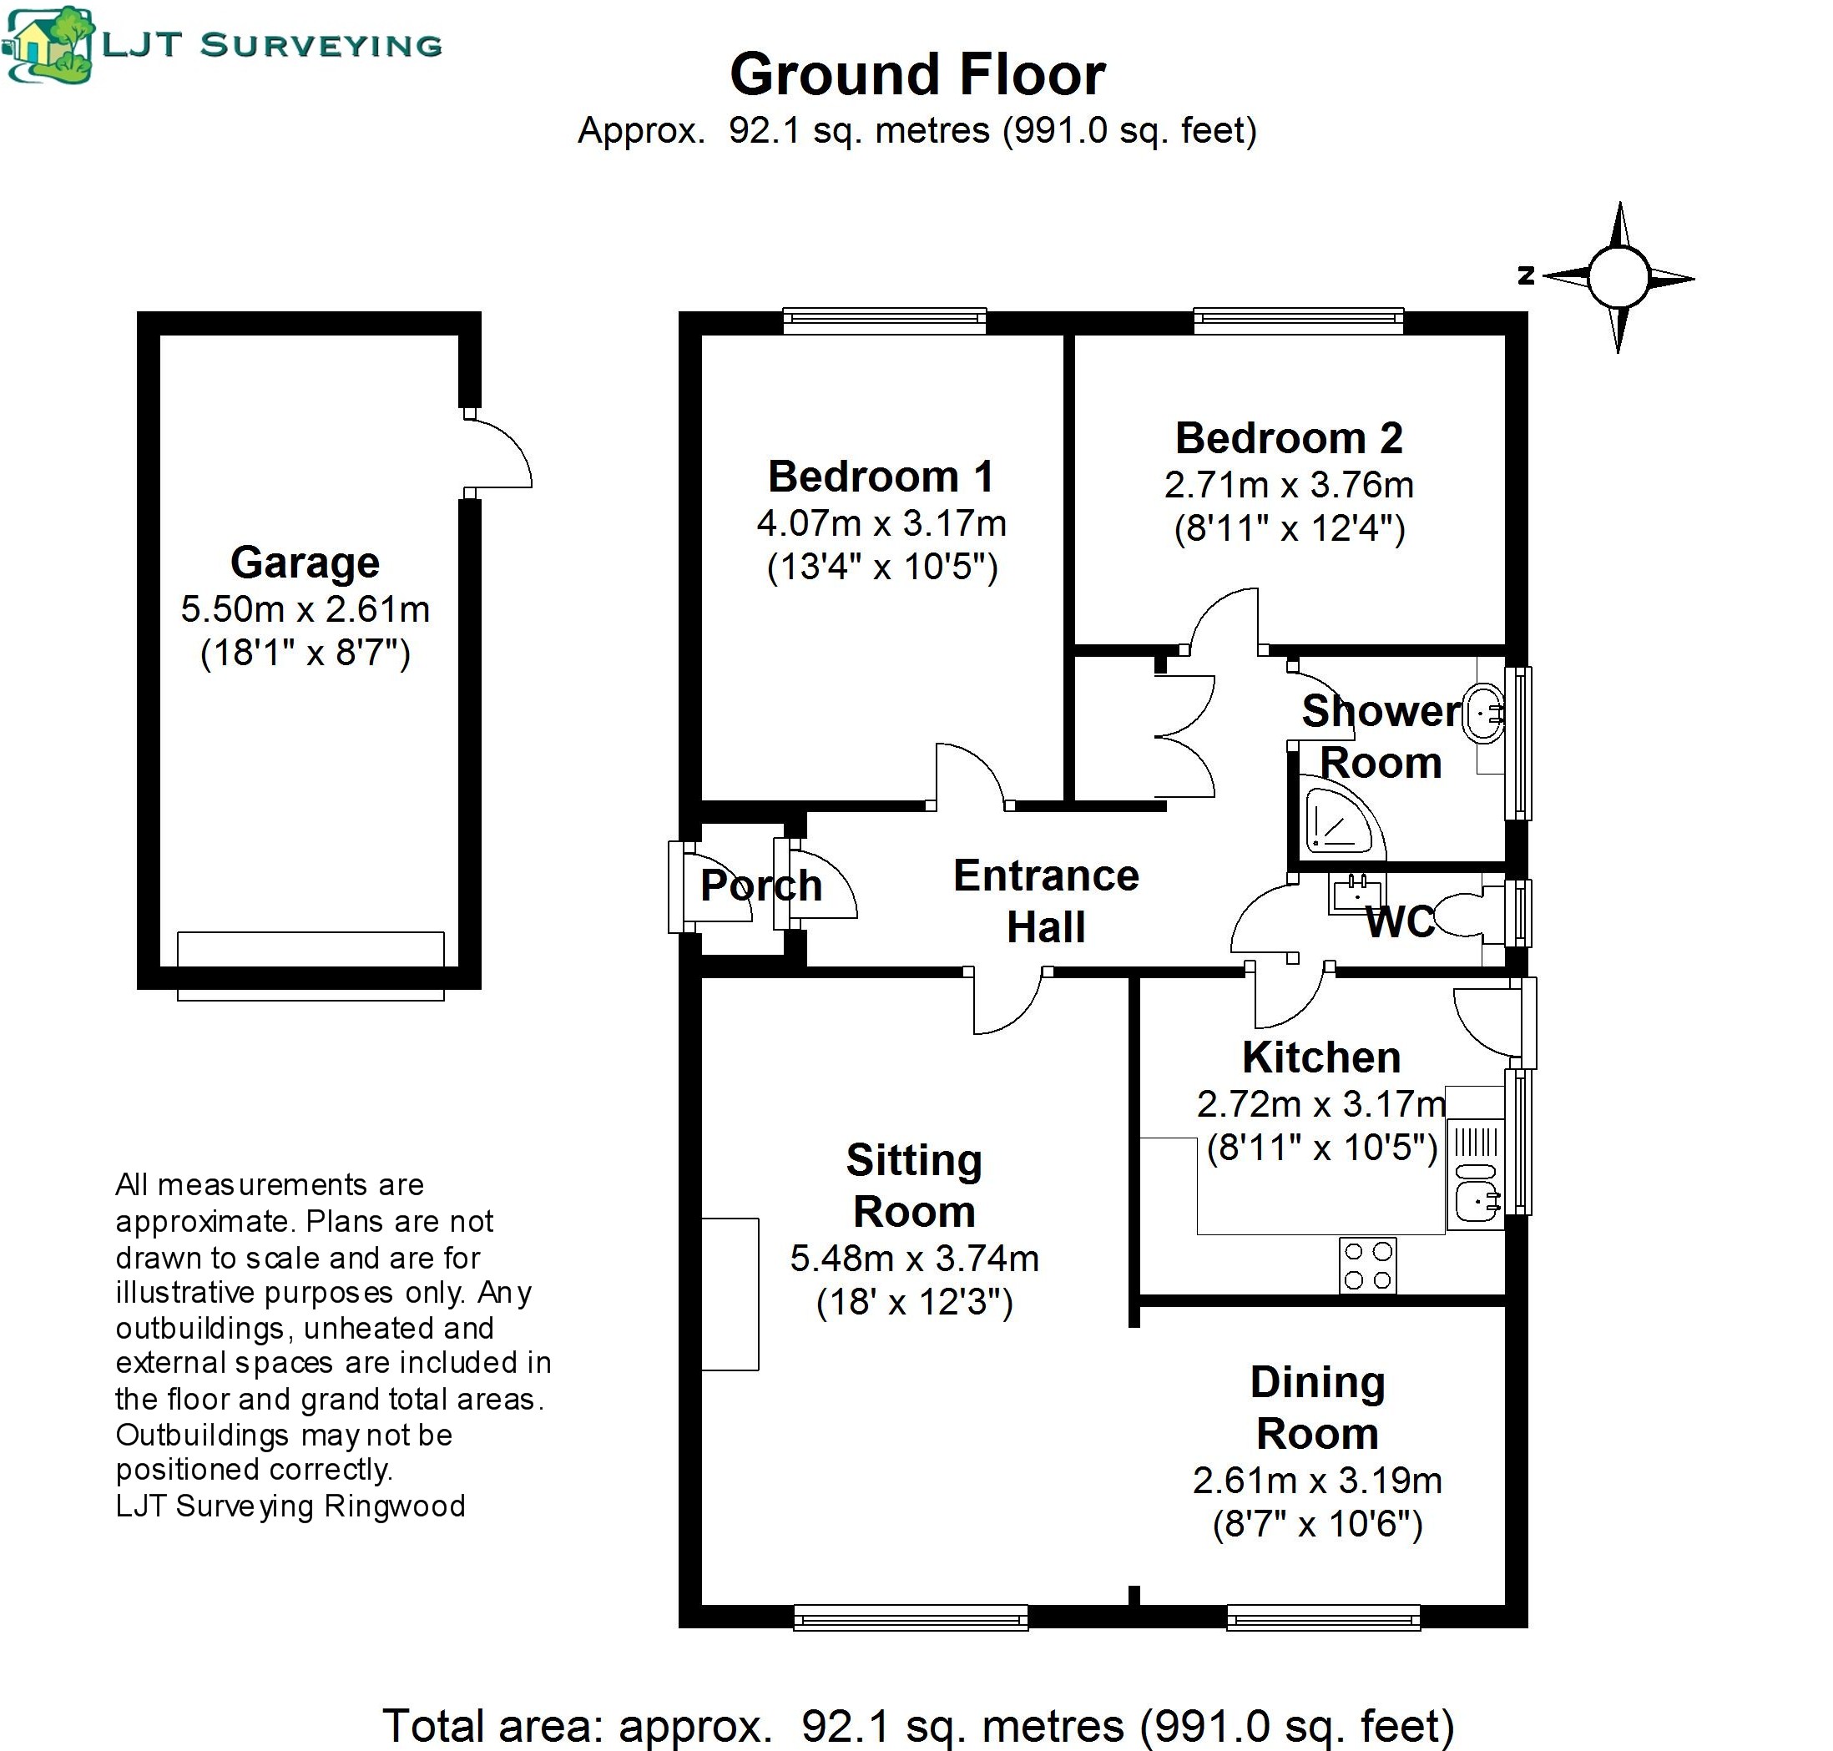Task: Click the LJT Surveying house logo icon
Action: [48, 44]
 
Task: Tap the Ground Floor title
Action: [917, 74]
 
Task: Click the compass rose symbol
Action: [1618, 277]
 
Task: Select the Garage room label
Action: [305, 563]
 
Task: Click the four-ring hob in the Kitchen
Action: [1367, 1264]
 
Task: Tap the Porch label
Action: [760, 886]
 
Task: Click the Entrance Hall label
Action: [1046, 901]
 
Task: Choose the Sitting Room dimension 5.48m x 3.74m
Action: [915, 1259]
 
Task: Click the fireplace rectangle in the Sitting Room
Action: [730, 1294]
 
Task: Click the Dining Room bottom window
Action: [1324, 1617]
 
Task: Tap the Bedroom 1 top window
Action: [884, 321]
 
